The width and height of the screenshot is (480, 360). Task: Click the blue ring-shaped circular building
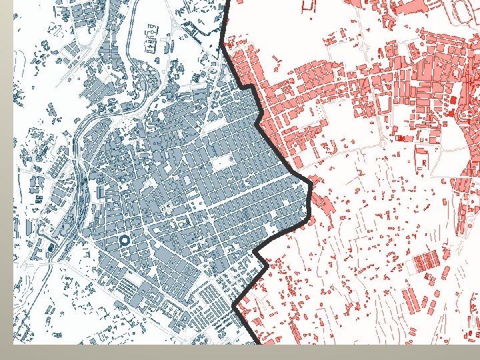123,241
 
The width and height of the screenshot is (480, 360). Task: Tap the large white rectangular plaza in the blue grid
221,163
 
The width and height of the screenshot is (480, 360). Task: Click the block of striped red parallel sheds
425,263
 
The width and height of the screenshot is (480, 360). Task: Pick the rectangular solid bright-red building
453,99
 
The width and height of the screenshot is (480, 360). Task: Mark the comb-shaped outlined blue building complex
154,41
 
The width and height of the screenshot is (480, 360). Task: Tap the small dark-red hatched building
401,138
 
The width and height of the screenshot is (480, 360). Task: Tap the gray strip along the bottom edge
240,352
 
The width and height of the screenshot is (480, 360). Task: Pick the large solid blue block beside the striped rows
163,255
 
